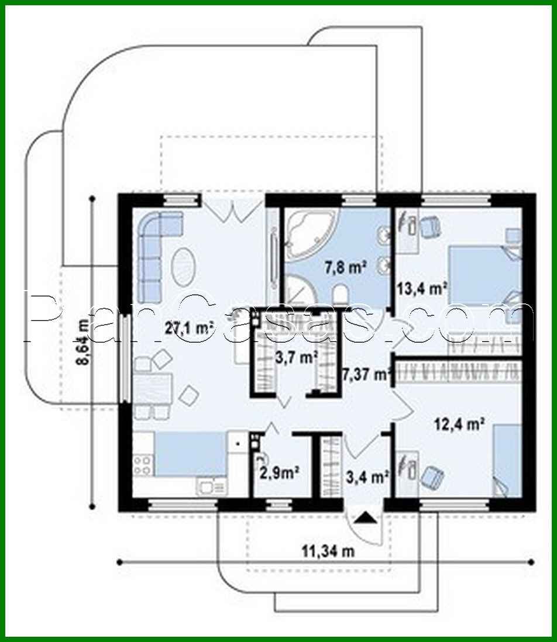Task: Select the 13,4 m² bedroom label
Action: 422,288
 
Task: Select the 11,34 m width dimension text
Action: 328,550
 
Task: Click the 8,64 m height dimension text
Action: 83,344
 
